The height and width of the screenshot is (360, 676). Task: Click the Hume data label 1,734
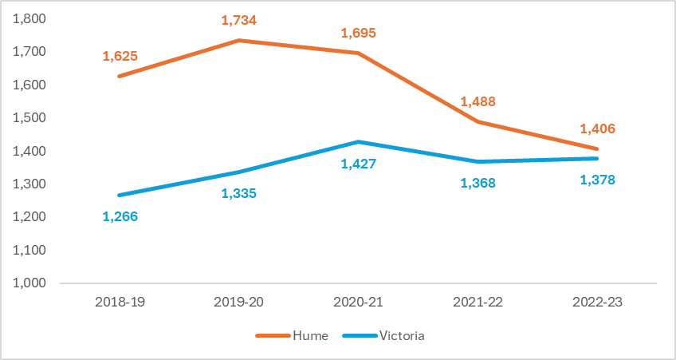240,21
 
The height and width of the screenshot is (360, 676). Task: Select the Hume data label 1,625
120,56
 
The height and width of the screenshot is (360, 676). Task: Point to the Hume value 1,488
478,101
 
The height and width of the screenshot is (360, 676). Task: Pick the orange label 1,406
598,129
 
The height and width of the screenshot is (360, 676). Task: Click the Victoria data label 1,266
120,216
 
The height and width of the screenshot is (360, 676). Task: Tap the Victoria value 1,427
358,164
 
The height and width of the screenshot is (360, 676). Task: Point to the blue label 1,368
478,183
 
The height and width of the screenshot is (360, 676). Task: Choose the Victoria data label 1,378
598,180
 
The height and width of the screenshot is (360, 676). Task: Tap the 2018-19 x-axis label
120,303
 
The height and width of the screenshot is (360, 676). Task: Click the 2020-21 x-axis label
359,303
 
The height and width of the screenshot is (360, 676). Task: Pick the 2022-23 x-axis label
597,303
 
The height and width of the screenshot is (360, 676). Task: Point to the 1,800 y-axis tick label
29,18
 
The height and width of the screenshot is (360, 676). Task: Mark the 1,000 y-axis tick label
29,283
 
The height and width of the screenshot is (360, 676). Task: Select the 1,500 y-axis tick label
29,118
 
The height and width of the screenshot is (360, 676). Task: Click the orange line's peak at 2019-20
239,40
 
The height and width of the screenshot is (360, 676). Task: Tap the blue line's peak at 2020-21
359,142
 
